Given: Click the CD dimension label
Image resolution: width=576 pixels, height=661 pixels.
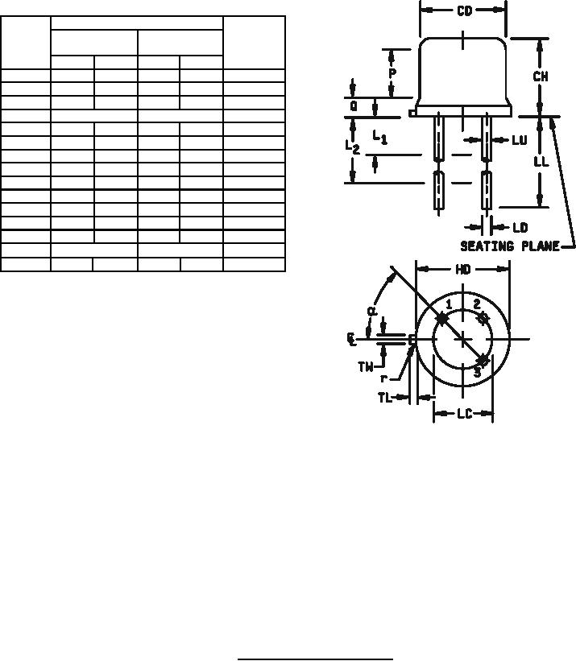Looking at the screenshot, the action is coord(464,11).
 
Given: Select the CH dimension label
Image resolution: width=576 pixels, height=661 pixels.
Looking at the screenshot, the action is coord(541,76).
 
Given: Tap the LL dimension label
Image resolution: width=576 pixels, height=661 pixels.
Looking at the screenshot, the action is coord(541,161).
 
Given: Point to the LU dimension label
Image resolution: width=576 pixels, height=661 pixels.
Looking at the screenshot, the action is coord(520,140).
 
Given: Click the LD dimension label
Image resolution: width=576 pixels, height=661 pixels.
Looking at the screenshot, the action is coord(520,228).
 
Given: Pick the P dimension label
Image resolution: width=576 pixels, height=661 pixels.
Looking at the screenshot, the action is coord(392,73).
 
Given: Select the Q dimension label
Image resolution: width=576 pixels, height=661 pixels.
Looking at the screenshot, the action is coord(354,106).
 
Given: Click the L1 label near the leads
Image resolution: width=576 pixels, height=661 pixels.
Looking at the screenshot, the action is coord(379,137).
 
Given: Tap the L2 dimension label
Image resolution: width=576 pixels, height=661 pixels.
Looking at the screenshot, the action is coord(353,147).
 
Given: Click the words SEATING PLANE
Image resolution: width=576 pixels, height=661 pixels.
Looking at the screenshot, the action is coord(510,246).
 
